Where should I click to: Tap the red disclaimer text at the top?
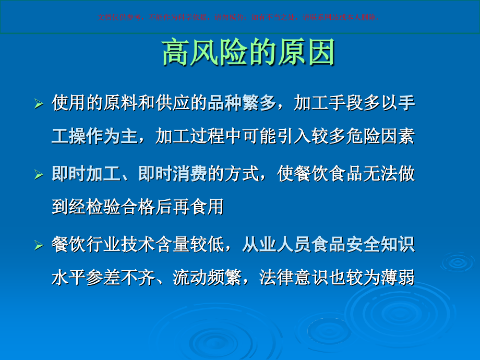(x=239, y=17)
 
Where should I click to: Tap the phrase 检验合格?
(x=121, y=207)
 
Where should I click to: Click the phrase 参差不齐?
(x=121, y=278)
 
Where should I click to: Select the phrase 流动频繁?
(x=207, y=278)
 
